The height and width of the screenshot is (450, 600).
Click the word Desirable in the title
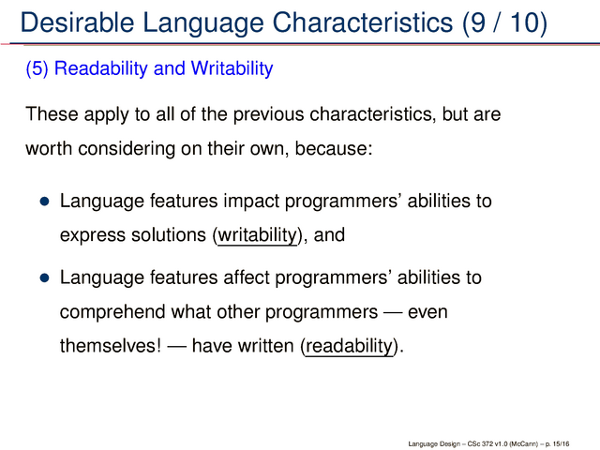click(x=77, y=22)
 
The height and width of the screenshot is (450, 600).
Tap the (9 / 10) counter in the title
click(x=504, y=22)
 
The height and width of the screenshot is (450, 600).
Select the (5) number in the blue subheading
click(x=37, y=68)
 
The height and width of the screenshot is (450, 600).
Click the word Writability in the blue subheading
click(x=232, y=68)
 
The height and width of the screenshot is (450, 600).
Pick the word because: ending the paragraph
click(x=334, y=148)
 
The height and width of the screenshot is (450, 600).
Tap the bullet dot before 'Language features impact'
click(x=45, y=202)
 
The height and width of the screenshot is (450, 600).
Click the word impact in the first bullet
click(x=251, y=202)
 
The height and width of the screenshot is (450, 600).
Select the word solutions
click(x=169, y=234)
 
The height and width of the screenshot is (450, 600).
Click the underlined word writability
click(x=257, y=235)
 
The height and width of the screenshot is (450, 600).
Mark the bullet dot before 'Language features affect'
click(x=45, y=277)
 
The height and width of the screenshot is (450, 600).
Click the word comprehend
click(x=112, y=312)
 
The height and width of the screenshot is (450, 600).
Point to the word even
click(x=427, y=312)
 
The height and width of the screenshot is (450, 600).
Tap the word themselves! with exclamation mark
click(x=111, y=346)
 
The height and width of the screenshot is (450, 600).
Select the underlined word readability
click(x=350, y=346)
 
